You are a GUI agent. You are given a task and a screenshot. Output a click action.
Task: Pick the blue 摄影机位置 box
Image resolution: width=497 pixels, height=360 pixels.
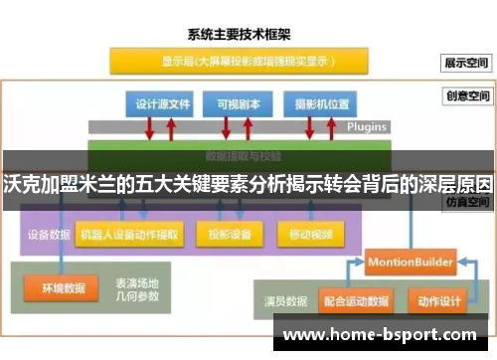pyautogui.click(x=315, y=103)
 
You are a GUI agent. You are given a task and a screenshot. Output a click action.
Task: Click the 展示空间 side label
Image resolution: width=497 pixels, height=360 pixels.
pyautogui.click(x=466, y=63)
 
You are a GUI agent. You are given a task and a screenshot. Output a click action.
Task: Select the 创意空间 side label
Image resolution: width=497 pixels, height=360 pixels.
pyautogui.click(x=466, y=97)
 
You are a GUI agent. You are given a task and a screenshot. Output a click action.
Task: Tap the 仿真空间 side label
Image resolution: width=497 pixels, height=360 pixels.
pyautogui.click(x=466, y=201)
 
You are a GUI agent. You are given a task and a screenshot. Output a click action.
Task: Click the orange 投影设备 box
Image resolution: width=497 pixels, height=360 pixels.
pyautogui.click(x=230, y=236)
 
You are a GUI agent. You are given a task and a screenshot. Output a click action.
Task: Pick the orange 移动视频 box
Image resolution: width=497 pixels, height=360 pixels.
pyautogui.click(x=310, y=236)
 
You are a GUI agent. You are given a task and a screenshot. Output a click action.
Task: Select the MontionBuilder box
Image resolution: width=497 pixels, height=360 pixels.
pyautogui.click(x=410, y=263)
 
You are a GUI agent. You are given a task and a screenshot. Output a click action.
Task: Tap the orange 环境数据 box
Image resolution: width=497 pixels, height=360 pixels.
pyautogui.click(x=63, y=289)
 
